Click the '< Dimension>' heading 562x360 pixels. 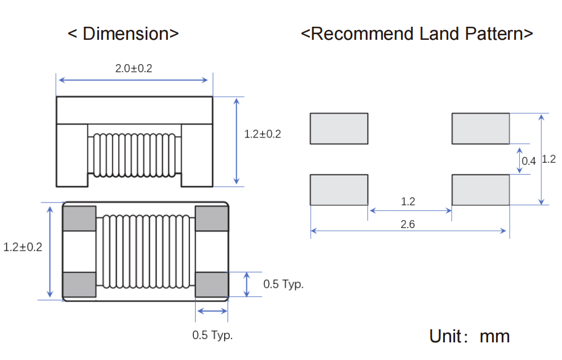point(123,34)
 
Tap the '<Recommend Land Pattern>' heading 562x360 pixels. point(416,34)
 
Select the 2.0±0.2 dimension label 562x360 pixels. point(134,69)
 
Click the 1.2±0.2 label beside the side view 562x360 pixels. point(262,134)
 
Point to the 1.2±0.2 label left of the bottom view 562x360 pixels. point(23,247)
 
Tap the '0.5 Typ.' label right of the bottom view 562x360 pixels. point(283,284)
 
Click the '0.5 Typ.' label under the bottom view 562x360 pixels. point(212,335)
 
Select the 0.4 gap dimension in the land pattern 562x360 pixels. point(528,161)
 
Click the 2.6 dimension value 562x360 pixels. point(407,225)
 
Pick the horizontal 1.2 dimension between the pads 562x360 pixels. point(408,202)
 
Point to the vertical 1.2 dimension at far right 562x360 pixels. point(548,159)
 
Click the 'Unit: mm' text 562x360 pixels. point(469,336)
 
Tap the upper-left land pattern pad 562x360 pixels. point(339,129)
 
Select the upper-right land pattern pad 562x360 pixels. point(481,129)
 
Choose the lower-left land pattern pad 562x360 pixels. point(339,190)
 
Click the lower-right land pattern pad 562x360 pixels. point(481,190)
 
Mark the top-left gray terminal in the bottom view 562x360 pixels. point(79,218)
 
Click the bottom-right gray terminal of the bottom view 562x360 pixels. point(211,284)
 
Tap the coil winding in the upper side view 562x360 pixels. point(134,154)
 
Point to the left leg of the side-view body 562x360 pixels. point(72,155)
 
